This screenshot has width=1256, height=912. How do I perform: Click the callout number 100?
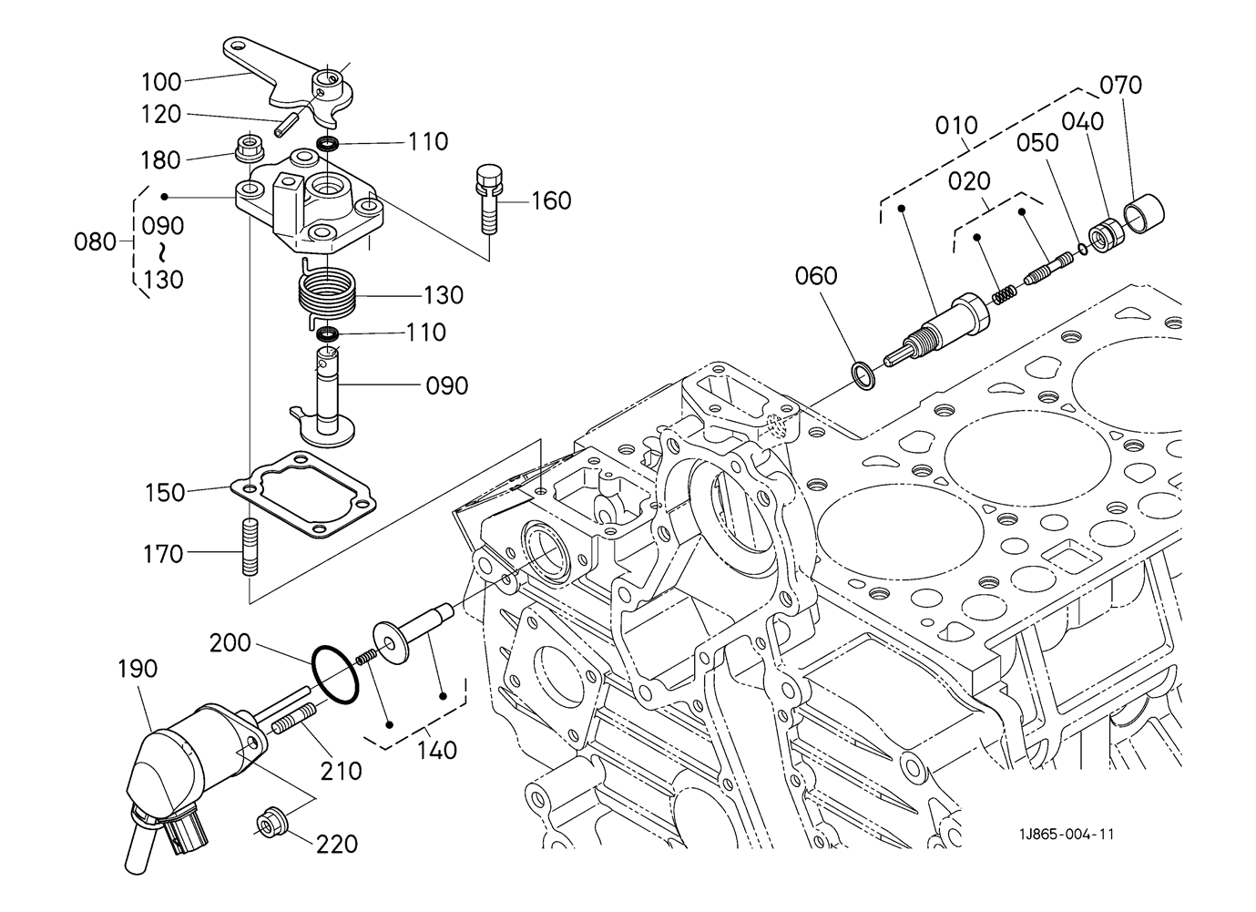[161, 81]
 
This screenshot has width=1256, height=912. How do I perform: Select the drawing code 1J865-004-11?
[1067, 834]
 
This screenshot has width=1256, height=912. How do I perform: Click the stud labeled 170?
[250, 548]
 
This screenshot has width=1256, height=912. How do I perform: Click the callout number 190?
[138, 669]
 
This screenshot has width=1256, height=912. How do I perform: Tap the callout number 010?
[956, 125]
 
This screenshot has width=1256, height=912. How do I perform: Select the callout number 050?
[1037, 143]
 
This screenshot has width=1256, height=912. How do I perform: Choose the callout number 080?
[96, 242]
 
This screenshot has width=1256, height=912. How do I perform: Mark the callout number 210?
[341, 771]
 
